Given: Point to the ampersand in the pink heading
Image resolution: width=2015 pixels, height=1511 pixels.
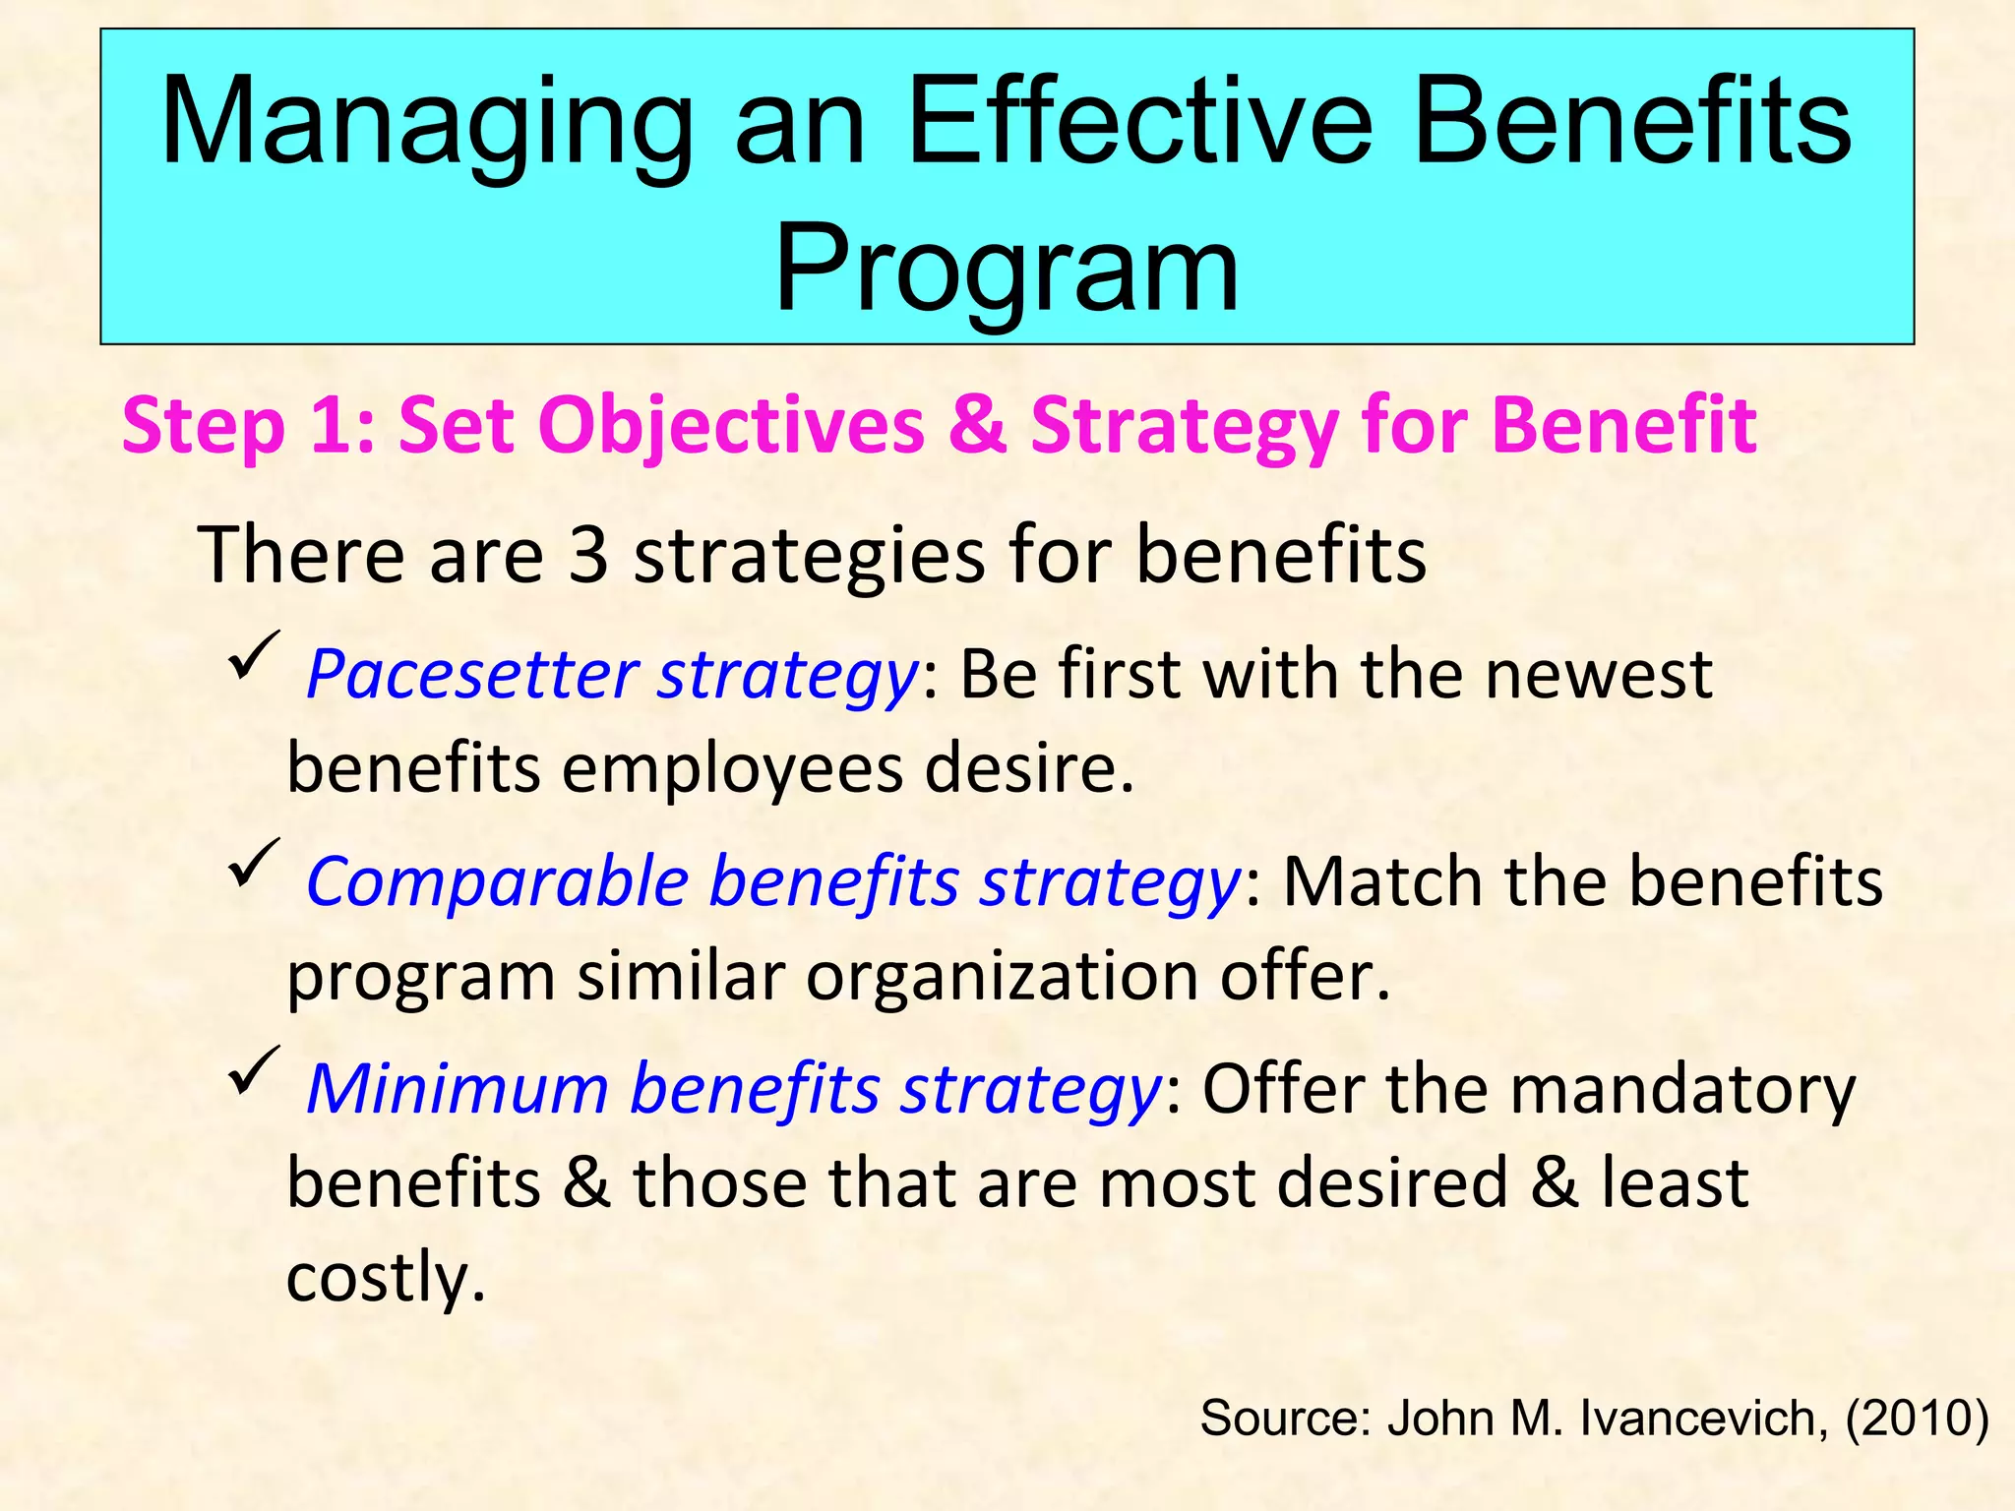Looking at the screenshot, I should [978, 426].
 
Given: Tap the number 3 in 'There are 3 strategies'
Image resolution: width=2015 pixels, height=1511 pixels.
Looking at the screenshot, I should [588, 555].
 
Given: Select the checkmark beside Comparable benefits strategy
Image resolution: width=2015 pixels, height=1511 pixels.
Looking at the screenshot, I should [253, 863].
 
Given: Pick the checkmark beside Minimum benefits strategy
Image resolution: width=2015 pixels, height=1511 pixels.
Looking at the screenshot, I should [253, 1070].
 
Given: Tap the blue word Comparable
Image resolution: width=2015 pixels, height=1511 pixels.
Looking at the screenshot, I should [497, 881].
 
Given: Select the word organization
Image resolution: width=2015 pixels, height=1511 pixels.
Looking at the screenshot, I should [1003, 976].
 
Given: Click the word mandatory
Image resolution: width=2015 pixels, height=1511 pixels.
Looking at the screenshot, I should [1681, 1089].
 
